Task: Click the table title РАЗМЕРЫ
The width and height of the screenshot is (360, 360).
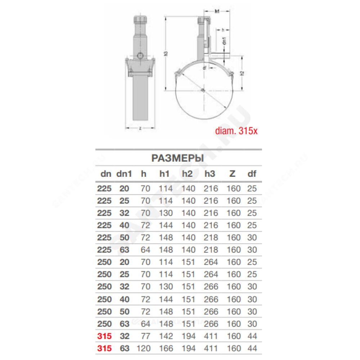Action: click(x=177, y=158)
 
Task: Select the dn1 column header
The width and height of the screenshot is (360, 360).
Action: click(x=124, y=174)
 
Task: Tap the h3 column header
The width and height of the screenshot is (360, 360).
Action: click(x=210, y=174)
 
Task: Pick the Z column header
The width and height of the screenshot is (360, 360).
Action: click(x=232, y=174)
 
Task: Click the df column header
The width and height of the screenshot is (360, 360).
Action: click(x=252, y=174)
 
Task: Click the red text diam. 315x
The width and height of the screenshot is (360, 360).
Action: click(x=236, y=131)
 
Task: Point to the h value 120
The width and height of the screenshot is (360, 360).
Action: click(x=144, y=348)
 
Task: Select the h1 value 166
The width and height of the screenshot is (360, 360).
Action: click(x=166, y=348)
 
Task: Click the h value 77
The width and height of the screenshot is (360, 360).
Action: click(x=145, y=336)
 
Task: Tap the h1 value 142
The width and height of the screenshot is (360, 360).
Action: click(x=166, y=336)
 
